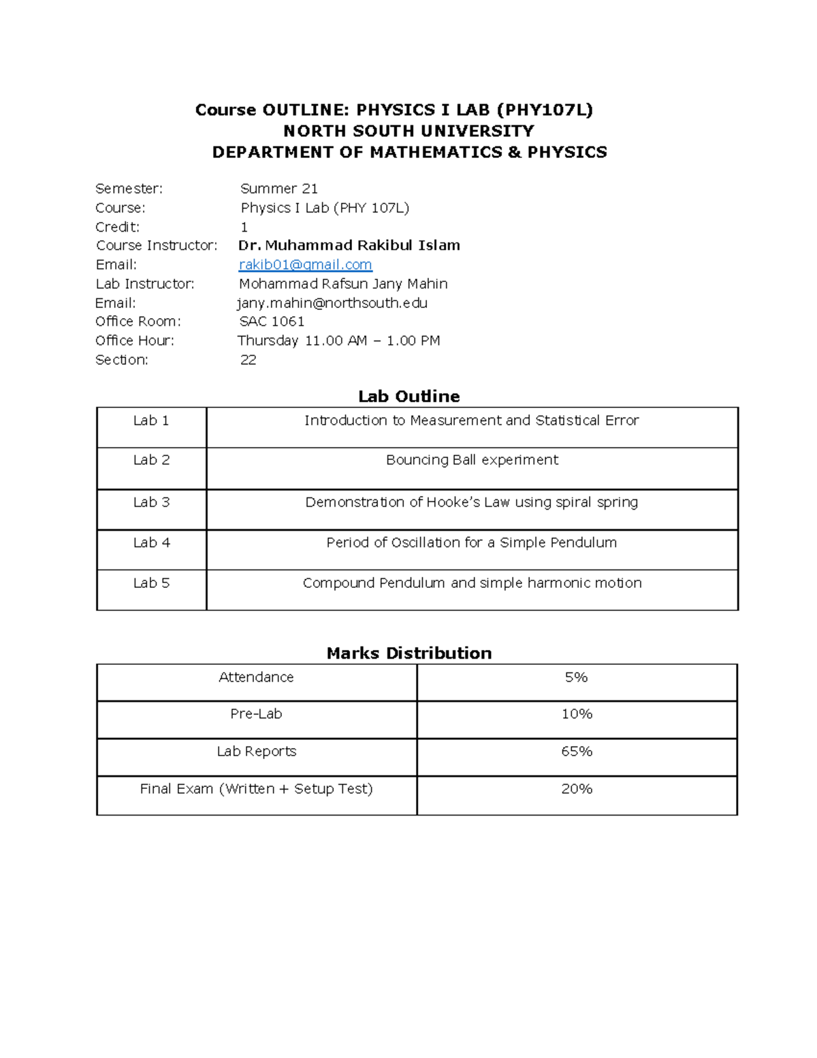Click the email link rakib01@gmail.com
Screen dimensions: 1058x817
(305, 264)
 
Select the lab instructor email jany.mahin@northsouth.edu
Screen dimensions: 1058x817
(332, 302)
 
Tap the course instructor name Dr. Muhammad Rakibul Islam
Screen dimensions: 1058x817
(349, 245)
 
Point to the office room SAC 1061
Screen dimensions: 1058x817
(272, 322)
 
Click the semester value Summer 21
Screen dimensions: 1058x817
(279, 189)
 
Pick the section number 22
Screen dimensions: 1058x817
(248, 360)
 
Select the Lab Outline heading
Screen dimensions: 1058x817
(408, 396)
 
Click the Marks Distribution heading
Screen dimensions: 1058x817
(408, 653)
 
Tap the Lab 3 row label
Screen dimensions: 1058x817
(151, 502)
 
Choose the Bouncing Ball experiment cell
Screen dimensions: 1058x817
(472, 460)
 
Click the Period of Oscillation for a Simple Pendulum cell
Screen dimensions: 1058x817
(472, 542)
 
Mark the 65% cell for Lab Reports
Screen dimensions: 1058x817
(577, 751)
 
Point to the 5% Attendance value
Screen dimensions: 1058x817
(576, 677)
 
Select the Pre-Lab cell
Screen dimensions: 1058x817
(256, 714)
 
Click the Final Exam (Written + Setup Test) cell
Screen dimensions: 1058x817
(256, 789)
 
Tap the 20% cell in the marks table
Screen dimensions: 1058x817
(577, 789)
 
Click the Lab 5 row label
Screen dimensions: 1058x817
(151, 583)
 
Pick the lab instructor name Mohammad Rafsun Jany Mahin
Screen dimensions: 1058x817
(343, 283)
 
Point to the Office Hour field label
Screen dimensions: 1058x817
(135, 341)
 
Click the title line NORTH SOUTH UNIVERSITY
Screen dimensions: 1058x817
(408, 131)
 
